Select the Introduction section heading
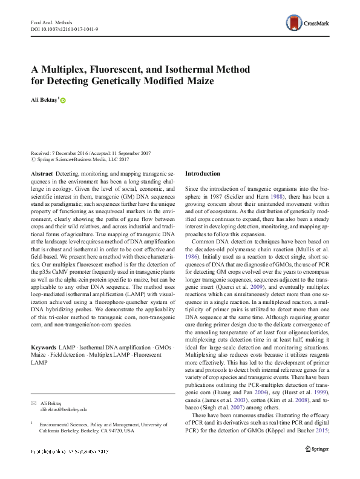click(203, 174)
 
